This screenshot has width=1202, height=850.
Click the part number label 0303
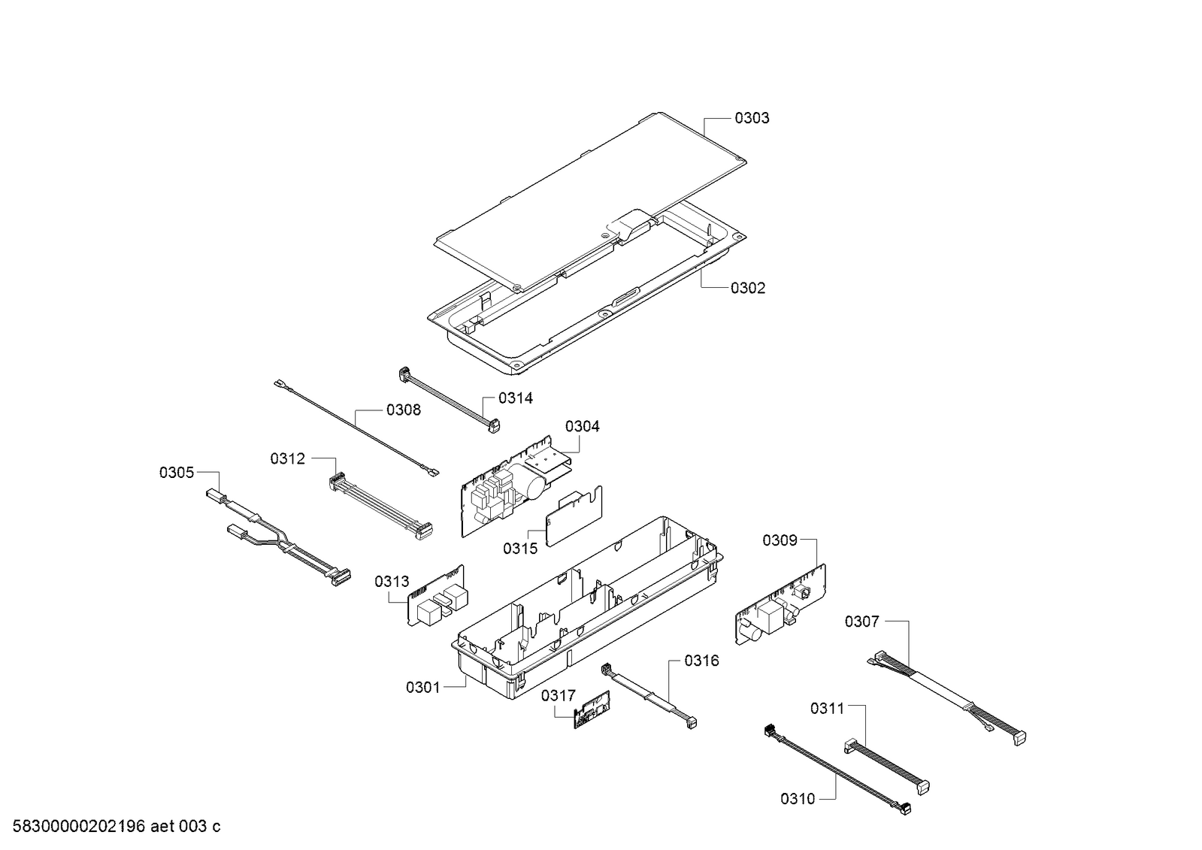(x=752, y=118)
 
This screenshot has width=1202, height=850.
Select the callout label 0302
(x=747, y=289)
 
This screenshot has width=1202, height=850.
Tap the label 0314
(x=516, y=398)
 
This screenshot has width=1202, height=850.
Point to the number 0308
(x=404, y=410)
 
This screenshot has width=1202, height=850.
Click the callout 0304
(x=583, y=427)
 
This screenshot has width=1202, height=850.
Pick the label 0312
(x=288, y=458)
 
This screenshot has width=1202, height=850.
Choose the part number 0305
(x=177, y=473)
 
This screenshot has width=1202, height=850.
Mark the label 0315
(x=520, y=549)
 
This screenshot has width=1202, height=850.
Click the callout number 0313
(x=392, y=582)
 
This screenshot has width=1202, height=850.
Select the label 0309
(x=780, y=540)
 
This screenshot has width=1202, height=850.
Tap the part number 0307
(x=861, y=622)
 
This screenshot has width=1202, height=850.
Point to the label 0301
(x=423, y=687)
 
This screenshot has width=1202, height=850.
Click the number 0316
(x=701, y=661)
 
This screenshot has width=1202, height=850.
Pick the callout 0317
(x=558, y=696)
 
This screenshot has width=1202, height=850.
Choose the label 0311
(x=827, y=709)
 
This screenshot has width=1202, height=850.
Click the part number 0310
(x=798, y=800)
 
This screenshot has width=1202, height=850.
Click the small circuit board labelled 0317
(x=594, y=708)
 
